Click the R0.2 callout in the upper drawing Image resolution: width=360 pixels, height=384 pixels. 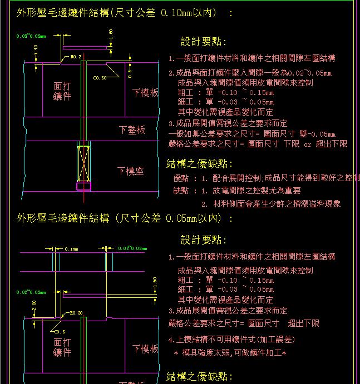tap(76, 57)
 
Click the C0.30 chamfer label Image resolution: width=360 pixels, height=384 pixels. tap(100, 78)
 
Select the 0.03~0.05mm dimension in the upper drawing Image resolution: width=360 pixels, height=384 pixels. tap(31, 36)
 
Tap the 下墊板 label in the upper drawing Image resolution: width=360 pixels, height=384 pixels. tap(132, 129)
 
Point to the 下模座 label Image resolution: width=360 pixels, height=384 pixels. tap(130, 171)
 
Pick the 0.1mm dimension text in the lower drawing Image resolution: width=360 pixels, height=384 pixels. tap(71, 250)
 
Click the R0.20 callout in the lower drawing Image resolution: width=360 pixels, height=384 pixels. tap(76, 313)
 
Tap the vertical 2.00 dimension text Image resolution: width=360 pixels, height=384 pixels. tap(34, 306)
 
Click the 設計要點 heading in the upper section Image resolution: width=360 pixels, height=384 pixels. tap(203, 42)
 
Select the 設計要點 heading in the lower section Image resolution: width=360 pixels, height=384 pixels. tap(203, 240)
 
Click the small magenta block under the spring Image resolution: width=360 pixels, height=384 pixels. tap(83, 185)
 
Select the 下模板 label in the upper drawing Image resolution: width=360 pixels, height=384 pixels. tap(146, 92)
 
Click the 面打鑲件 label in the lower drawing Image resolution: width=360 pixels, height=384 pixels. tap(62, 347)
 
